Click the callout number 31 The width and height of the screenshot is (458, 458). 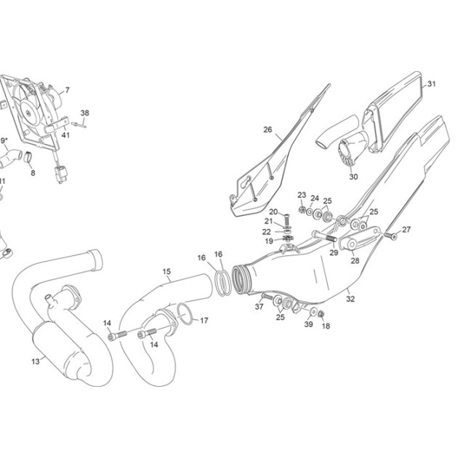pos(431,84)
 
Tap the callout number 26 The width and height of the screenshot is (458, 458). pos(268,129)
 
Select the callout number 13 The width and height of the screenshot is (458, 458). pos(36,361)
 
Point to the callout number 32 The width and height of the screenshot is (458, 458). pos(350,299)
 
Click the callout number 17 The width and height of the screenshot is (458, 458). pos(204,321)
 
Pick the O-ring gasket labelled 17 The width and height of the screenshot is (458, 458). pos(185,314)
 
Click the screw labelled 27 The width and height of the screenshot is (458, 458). pos(391,236)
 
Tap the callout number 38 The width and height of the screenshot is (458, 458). pos(85,113)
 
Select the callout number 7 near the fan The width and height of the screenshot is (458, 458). pos(68,90)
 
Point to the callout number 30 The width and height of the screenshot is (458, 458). pos(353,177)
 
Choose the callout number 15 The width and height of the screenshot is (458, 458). pos(166,272)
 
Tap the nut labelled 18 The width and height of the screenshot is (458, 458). pos(321,314)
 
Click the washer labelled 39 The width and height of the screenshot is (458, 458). pos(313,311)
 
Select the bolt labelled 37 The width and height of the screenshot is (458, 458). pos(267,297)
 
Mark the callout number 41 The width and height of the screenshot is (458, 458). pos(65,135)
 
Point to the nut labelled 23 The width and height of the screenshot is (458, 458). pos(302,209)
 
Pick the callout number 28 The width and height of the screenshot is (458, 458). pos(355,260)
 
